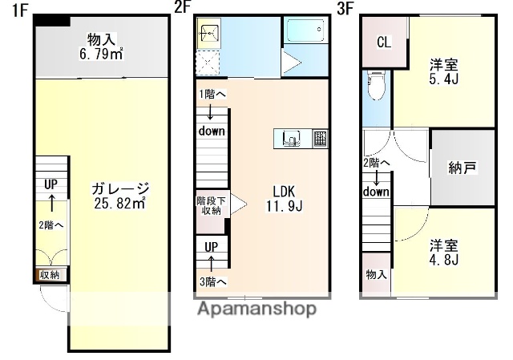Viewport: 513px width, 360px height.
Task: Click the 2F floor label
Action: click(x=183, y=10)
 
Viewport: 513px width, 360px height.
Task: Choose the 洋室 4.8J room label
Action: click(x=442, y=253)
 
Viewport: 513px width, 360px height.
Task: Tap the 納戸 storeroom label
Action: click(x=463, y=168)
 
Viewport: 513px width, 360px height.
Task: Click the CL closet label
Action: click(x=384, y=42)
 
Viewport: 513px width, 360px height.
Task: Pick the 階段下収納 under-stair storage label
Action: click(x=209, y=205)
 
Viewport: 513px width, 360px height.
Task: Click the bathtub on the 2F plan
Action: click(x=305, y=33)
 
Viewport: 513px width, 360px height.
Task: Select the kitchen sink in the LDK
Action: click(x=291, y=139)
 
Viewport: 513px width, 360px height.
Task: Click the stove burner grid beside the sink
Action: click(x=320, y=138)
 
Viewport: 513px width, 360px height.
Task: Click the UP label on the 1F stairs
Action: click(x=50, y=184)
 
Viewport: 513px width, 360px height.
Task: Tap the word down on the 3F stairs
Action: click(x=375, y=192)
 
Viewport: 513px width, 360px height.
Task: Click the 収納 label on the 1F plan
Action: click(x=50, y=275)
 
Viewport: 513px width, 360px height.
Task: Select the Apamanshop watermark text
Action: click(x=256, y=309)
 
